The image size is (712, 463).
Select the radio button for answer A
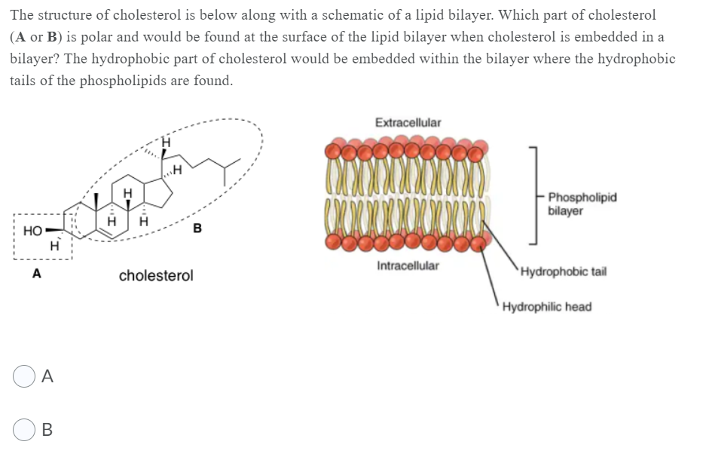point(23,377)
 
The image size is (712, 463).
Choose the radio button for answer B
point(23,431)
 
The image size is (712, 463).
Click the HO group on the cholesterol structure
point(32,229)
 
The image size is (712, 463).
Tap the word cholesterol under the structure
point(155,276)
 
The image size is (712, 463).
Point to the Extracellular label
point(408,122)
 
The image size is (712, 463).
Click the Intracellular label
point(408,266)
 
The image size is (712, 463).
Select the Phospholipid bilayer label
point(582,204)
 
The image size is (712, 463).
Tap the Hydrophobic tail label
point(562,271)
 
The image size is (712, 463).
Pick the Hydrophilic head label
point(546,307)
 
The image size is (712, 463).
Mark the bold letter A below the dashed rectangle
point(35,275)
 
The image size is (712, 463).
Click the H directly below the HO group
point(53,245)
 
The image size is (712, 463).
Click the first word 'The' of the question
point(23,15)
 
